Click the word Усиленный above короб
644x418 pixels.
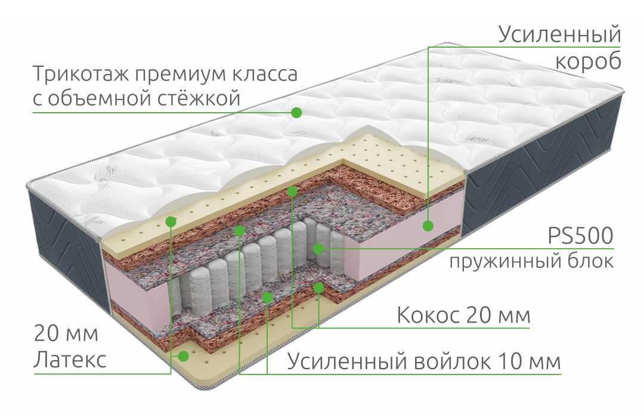pos(559,34)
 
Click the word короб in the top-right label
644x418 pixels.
pos(588,61)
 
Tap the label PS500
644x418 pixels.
pos(581,236)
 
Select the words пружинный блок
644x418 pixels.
pos(531,261)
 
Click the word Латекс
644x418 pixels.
pos(70,360)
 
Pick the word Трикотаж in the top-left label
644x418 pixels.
pos(80,75)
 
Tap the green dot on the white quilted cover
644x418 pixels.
pos(296,112)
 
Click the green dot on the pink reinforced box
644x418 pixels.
pos(428,225)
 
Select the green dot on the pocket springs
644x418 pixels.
pos(318,249)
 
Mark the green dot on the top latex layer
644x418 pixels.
pos(171,222)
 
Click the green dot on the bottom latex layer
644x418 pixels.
pos(183,356)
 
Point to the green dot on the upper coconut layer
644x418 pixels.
pos(292,191)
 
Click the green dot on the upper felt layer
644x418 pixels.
pos(240,230)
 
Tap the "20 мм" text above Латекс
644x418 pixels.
pos(66,333)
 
